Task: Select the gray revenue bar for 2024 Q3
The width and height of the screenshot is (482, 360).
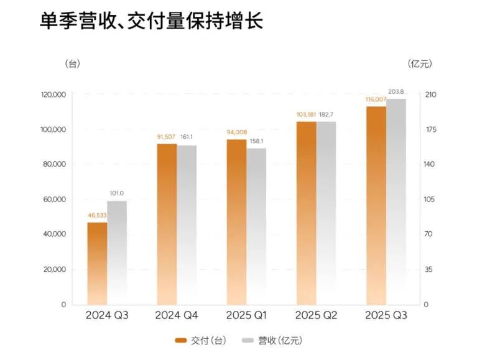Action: (x=116, y=252)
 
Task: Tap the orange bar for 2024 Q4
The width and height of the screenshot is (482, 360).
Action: (x=167, y=224)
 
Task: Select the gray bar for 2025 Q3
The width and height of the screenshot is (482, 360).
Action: (x=396, y=201)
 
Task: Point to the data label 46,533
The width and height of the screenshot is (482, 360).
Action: (x=96, y=215)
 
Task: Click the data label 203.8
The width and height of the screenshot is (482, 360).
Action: (x=396, y=92)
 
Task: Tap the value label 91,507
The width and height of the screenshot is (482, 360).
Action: (x=166, y=137)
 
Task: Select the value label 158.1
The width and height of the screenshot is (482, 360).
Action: (x=256, y=141)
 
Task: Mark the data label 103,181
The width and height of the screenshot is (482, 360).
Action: (x=305, y=114)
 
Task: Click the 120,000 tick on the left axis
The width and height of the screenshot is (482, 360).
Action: (x=53, y=95)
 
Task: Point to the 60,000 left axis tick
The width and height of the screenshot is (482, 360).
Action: (x=55, y=200)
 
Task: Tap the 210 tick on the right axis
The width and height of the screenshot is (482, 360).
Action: (x=431, y=95)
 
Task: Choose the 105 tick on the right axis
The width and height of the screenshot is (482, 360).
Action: (x=431, y=200)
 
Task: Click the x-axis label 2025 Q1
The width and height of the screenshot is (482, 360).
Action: (x=246, y=316)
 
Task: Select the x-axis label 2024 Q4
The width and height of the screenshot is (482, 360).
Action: (x=177, y=316)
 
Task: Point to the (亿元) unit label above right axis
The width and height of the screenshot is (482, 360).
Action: (x=420, y=64)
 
